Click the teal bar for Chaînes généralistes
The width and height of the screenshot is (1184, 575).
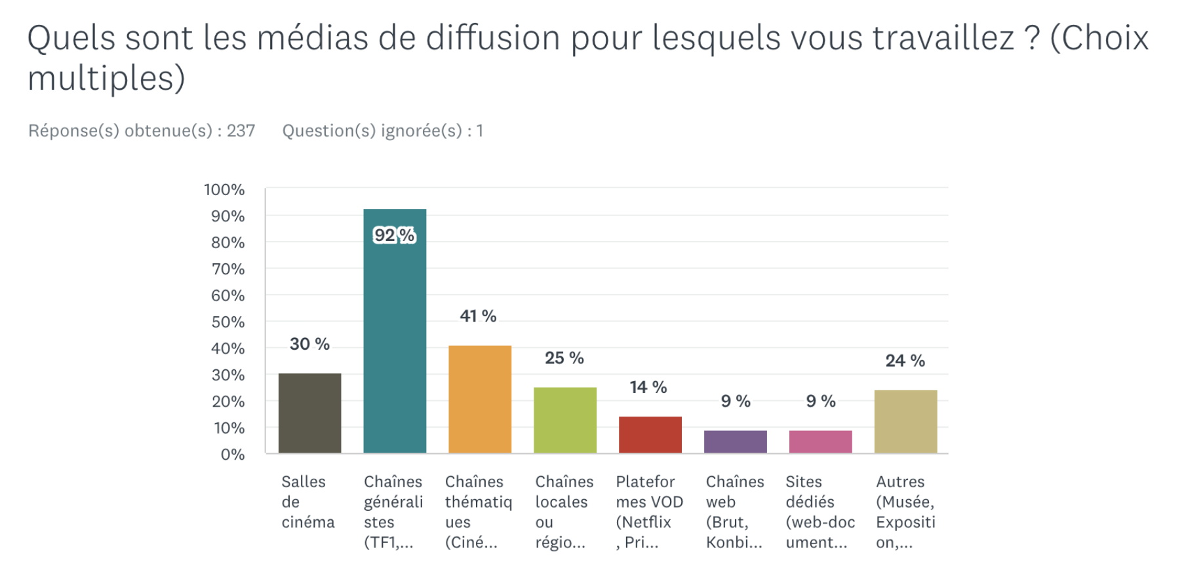(395, 331)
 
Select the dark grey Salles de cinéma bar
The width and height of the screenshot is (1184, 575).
(309, 413)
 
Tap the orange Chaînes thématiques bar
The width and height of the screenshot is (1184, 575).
(480, 399)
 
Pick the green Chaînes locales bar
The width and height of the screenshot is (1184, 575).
(565, 420)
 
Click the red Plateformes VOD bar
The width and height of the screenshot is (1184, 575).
(650, 435)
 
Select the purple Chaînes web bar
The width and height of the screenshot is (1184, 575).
(736, 442)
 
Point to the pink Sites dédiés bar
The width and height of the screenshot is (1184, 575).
(821, 442)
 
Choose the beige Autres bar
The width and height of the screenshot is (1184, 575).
(906, 422)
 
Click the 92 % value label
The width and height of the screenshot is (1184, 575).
(394, 235)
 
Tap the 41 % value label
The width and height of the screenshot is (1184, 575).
(478, 316)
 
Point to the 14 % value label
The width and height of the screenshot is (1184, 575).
(648, 388)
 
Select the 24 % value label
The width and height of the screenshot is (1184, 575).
(905, 361)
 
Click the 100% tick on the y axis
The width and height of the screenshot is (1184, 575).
(224, 190)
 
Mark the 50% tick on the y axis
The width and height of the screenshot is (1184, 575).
(227, 322)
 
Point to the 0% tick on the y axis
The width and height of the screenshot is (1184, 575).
(232, 454)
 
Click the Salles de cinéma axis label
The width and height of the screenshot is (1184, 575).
(307, 502)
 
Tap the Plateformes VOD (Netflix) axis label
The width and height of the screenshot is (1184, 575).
(649, 511)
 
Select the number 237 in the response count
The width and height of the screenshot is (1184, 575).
(241, 131)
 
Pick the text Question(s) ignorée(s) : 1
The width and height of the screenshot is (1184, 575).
(383, 131)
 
